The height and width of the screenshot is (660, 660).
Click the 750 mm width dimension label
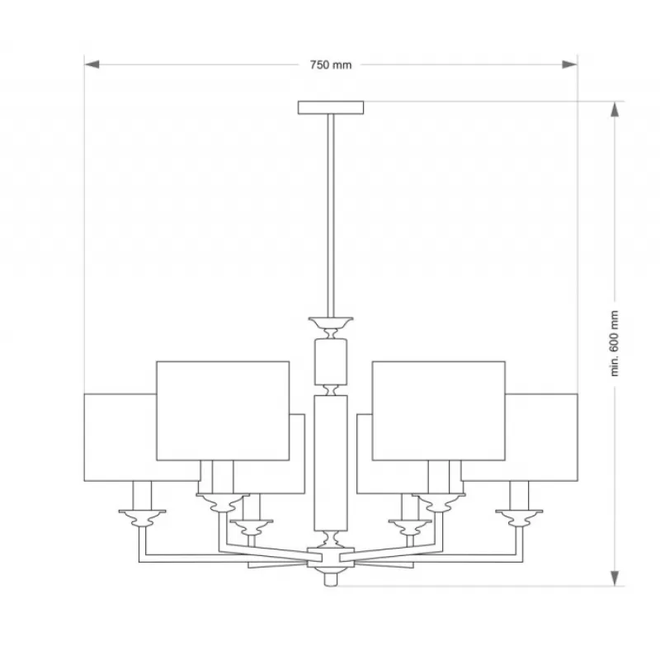coord(331,65)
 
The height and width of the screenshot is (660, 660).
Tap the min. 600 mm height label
coord(615,343)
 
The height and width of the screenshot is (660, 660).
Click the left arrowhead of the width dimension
coord(92,64)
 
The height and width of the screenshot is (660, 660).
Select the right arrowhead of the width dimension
coord(570,64)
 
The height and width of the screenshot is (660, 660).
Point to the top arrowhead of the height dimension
coord(615,110)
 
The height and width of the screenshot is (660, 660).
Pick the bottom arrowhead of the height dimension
coord(615,578)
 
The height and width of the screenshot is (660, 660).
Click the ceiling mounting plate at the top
coord(331,107)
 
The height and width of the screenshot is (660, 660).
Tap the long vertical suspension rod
coord(331,215)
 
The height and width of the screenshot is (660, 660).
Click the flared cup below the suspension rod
coord(331,323)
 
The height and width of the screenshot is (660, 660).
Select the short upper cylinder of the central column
coord(331,361)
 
